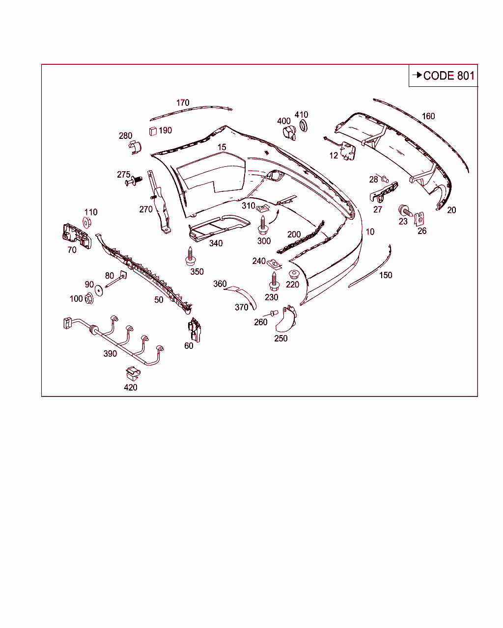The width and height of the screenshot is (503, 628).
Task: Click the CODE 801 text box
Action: pos(443,76)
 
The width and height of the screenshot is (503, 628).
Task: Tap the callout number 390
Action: pos(110,354)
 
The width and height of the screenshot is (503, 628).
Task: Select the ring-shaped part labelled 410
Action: pos(304,126)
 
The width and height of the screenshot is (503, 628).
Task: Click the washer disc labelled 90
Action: pos(99,290)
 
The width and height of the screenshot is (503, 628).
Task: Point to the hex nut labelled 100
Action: pos(89,298)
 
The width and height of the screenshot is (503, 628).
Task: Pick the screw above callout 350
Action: pos(190,256)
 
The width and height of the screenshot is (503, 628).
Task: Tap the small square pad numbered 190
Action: pos(152,131)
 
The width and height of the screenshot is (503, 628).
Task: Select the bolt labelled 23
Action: pos(405,210)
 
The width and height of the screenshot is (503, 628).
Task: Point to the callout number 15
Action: pos(222,147)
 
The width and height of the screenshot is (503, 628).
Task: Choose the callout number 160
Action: pos(428,116)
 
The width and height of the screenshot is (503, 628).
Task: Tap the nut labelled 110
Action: pos(87,223)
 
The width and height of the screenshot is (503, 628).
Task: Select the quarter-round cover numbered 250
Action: pos(285,319)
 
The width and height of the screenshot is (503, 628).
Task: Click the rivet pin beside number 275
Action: pos(133,182)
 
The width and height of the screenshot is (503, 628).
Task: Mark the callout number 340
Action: pos(216,243)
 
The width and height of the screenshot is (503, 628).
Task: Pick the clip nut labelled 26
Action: pos(420,218)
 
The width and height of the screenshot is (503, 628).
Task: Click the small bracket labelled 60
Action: pos(195,330)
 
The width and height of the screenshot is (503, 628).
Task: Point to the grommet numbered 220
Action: pos(294,274)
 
